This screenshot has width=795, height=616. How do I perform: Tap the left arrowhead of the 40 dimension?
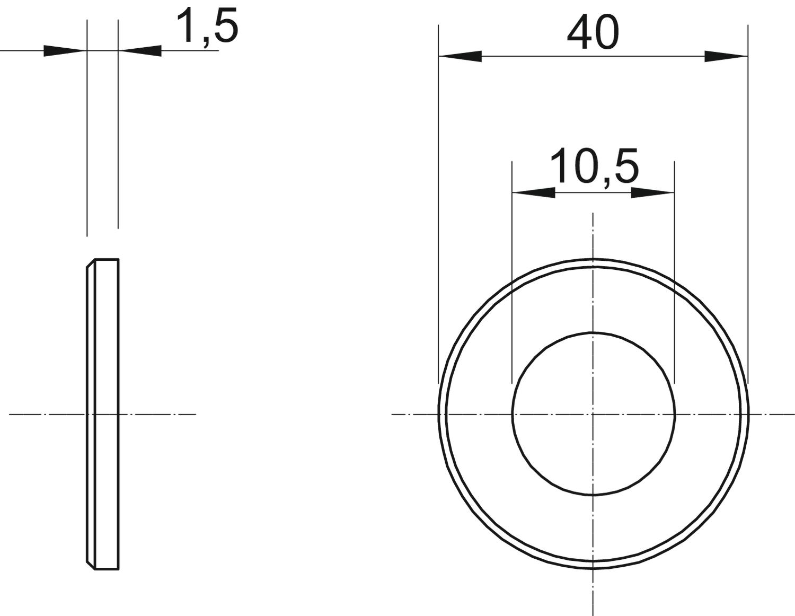pyautogui.click(x=460, y=56)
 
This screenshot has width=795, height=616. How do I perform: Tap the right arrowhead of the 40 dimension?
pyautogui.click(x=726, y=56)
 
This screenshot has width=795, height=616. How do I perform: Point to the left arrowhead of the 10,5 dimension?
pyautogui.click(x=533, y=192)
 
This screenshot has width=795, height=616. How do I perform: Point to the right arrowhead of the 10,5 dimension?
pyautogui.click(x=652, y=192)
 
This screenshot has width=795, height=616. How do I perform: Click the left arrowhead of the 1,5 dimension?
pyautogui.click(x=65, y=51)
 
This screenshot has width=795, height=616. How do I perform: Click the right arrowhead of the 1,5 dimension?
pyautogui.click(x=140, y=51)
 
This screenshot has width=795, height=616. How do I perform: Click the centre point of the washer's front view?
pyautogui.click(x=593, y=415)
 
